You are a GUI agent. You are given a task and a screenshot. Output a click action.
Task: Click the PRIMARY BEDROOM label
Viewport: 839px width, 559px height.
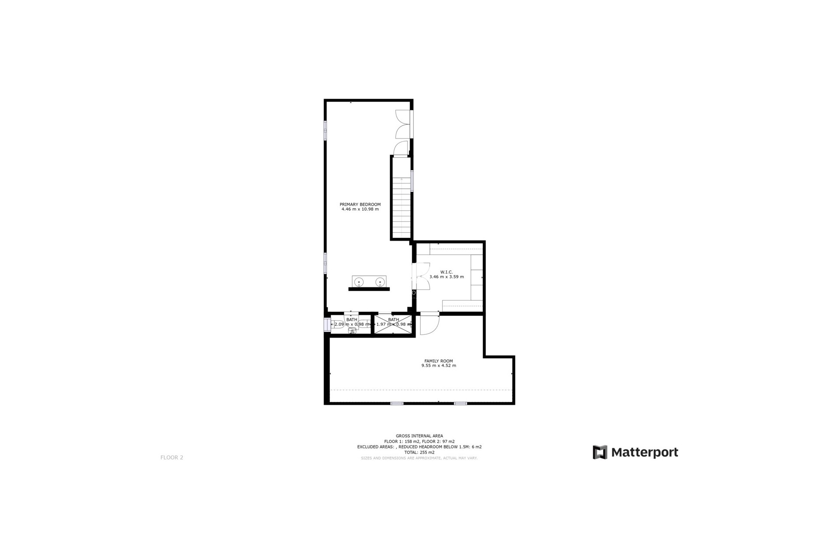pyautogui.click(x=360, y=204)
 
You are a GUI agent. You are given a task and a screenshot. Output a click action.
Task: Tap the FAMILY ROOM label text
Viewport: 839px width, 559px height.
pyautogui.click(x=438, y=361)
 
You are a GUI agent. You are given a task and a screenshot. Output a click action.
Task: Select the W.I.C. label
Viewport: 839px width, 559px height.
pyautogui.click(x=447, y=272)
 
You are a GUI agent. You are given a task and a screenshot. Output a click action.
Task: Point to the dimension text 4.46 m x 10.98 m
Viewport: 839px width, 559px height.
pyautogui.click(x=360, y=209)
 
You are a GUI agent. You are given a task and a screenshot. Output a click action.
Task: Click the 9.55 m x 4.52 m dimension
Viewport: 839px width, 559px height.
pyautogui.click(x=438, y=366)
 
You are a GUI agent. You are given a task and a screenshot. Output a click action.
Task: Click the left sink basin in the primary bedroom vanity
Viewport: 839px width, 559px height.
pyautogui.click(x=359, y=282)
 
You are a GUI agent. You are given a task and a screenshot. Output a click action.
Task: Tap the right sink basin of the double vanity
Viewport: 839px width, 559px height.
pyautogui.click(x=380, y=282)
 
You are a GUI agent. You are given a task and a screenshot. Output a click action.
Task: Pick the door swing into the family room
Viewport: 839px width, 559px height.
pyautogui.click(x=429, y=324)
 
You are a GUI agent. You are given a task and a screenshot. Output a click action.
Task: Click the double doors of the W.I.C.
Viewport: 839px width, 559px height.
pyautogui.click(x=421, y=276)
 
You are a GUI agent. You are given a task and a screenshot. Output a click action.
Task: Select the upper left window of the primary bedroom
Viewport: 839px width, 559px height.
pyautogui.click(x=326, y=131)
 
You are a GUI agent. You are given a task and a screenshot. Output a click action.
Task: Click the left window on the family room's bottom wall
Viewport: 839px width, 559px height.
pyautogui.click(x=397, y=403)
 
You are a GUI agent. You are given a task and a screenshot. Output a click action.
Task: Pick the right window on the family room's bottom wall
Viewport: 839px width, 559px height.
pyautogui.click(x=461, y=403)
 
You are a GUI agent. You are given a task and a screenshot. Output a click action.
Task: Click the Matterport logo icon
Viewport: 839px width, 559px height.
pyautogui.click(x=600, y=452)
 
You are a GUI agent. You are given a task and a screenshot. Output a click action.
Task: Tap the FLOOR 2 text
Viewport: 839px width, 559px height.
pyautogui.click(x=172, y=458)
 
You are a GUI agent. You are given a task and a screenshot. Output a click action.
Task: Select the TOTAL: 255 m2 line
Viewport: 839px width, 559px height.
pyautogui.click(x=419, y=452)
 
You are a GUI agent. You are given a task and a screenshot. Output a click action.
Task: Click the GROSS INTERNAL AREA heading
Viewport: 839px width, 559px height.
pyautogui.click(x=419, y=436)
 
